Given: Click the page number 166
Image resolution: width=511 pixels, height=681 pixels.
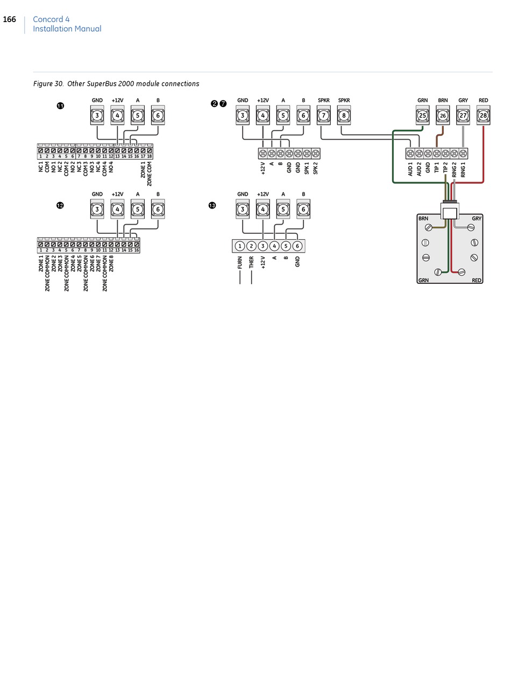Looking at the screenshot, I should pos(10,20).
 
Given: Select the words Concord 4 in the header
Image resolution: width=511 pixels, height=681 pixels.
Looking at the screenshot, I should pos(51,19).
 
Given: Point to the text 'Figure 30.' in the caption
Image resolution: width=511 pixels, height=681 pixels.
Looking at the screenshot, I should pos(49,84).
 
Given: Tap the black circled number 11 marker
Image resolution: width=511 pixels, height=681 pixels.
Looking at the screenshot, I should pos(60,106).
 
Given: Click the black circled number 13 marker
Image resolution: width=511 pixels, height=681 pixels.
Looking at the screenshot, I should pos(212,205).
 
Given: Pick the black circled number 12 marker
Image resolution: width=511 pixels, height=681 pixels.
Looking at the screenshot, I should pos(60,205).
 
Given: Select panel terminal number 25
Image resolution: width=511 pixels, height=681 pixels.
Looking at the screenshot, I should pos(422,116).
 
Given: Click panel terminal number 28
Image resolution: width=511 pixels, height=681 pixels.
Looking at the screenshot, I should pos(483,116).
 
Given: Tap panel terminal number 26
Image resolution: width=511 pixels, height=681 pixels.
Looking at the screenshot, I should pos(443,116).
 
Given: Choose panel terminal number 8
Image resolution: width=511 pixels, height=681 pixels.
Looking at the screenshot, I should pos(344,116).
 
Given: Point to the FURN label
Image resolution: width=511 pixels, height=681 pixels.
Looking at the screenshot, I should pos(240,262).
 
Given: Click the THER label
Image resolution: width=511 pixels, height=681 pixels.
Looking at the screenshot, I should pos(251,262).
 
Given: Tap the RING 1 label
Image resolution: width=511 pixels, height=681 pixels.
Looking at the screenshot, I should pos(463,170).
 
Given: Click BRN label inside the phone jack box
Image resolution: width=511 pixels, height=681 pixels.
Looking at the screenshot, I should pos(423,219).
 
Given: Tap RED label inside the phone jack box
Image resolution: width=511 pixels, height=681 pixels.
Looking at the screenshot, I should pos(477,281).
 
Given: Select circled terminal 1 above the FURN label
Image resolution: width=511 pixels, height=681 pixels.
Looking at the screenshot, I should pos(240,246).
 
